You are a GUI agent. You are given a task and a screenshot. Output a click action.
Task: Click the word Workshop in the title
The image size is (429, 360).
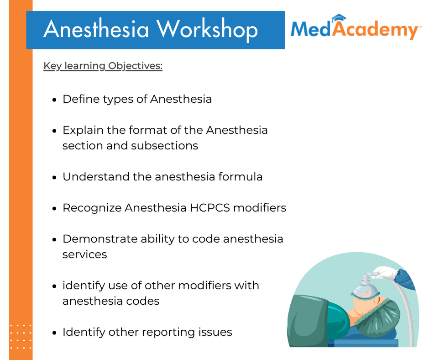207,30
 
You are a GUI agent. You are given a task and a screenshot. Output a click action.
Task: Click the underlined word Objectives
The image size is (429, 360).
135,66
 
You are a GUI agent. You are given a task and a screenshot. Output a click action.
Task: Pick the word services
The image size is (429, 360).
84,254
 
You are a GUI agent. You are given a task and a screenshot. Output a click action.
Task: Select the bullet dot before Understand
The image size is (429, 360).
54,178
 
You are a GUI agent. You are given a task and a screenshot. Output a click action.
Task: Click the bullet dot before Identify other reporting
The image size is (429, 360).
54,333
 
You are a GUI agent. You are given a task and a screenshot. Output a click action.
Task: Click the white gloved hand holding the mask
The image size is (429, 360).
385,273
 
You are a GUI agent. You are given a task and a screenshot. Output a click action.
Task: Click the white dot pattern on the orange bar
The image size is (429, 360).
21,337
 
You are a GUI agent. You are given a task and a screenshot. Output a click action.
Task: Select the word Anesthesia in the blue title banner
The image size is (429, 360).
96,29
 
